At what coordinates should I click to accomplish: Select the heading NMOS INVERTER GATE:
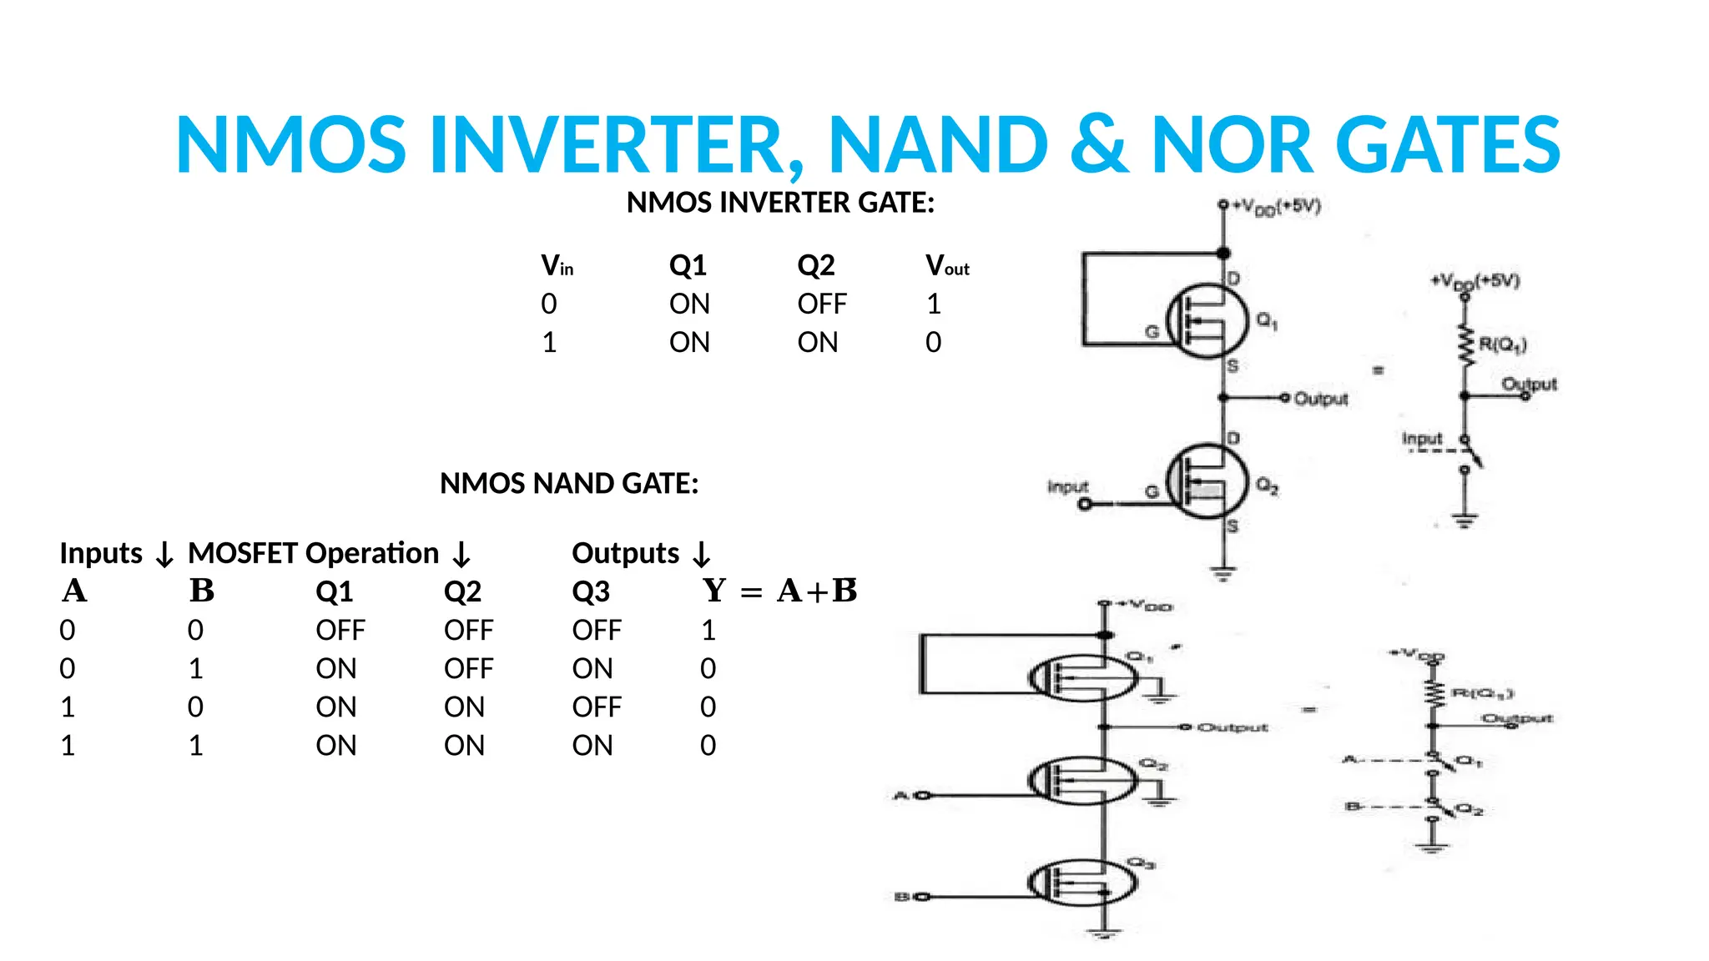click(780, 203)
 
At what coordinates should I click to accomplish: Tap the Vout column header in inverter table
click(947, 266)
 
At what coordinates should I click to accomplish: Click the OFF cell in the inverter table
click(821, 304)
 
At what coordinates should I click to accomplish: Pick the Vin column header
click(557, 266)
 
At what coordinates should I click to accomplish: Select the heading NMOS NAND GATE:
click(569, 484)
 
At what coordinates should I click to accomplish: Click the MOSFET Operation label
click(313, 554)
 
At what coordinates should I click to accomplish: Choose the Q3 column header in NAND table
click(590, 592)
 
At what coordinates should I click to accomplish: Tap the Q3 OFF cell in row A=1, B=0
click(596, 707)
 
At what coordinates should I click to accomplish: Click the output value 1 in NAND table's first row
click(708, 631)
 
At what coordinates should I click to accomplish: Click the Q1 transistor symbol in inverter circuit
click(1207, 322)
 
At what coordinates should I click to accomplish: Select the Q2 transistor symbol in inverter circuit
click(1207, 481)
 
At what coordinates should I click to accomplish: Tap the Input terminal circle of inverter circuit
click(1084, 505)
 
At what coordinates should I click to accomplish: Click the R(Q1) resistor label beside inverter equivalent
click(1502, 345)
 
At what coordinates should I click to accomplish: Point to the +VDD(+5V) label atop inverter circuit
click(1277, 207)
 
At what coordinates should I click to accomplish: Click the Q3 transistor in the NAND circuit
click(1082, 883)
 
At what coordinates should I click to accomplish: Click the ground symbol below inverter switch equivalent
click(1464, 521)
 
